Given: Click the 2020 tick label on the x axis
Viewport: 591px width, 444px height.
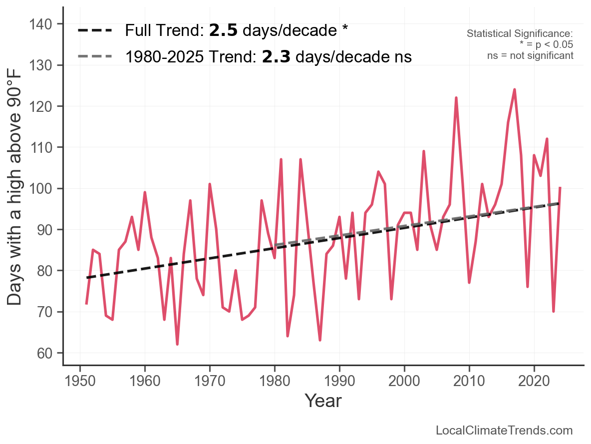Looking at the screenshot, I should pyautogui.click(x=534, y=381).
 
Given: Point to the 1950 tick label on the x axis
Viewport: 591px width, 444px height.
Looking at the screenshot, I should pyautogui.click(x=80, y=381).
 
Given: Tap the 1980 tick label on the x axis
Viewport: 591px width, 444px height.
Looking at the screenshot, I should pyautogui.click(x=275, y=381).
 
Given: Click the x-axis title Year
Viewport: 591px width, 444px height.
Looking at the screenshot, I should pyautogui.click(x=323, y=401).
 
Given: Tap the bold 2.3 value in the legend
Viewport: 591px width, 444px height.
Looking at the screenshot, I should pyautogui.click(x=276, y=57).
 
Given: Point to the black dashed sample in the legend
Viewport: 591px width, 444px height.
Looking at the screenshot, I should pyautogui.click(x=95, y=31).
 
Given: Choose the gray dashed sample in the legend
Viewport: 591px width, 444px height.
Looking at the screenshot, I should pyautogui.click(x=95, y=57).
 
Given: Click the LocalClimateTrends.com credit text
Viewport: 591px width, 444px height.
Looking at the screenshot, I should pyautogui.click(x=504, y=431).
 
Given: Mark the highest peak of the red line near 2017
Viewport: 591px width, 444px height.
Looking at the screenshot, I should pyautogui.click(x=515, y=90).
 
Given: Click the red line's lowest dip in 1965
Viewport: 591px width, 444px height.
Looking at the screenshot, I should pyautogui.click(x=177, y=344).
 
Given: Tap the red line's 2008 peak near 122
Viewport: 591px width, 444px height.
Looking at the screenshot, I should pyautogui.click(x=456, y=98).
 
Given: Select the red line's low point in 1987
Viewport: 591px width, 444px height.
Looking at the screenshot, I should pyautogui.click(x=320, y=340).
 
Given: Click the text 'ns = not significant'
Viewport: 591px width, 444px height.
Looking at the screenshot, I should pyautogui.click(x=530, y=55).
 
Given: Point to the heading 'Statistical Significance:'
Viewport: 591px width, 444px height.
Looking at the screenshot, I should pyautogui.click(x=520, y=33).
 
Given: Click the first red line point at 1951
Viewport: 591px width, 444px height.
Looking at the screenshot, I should pyautogui.click(x=86, y=303).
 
